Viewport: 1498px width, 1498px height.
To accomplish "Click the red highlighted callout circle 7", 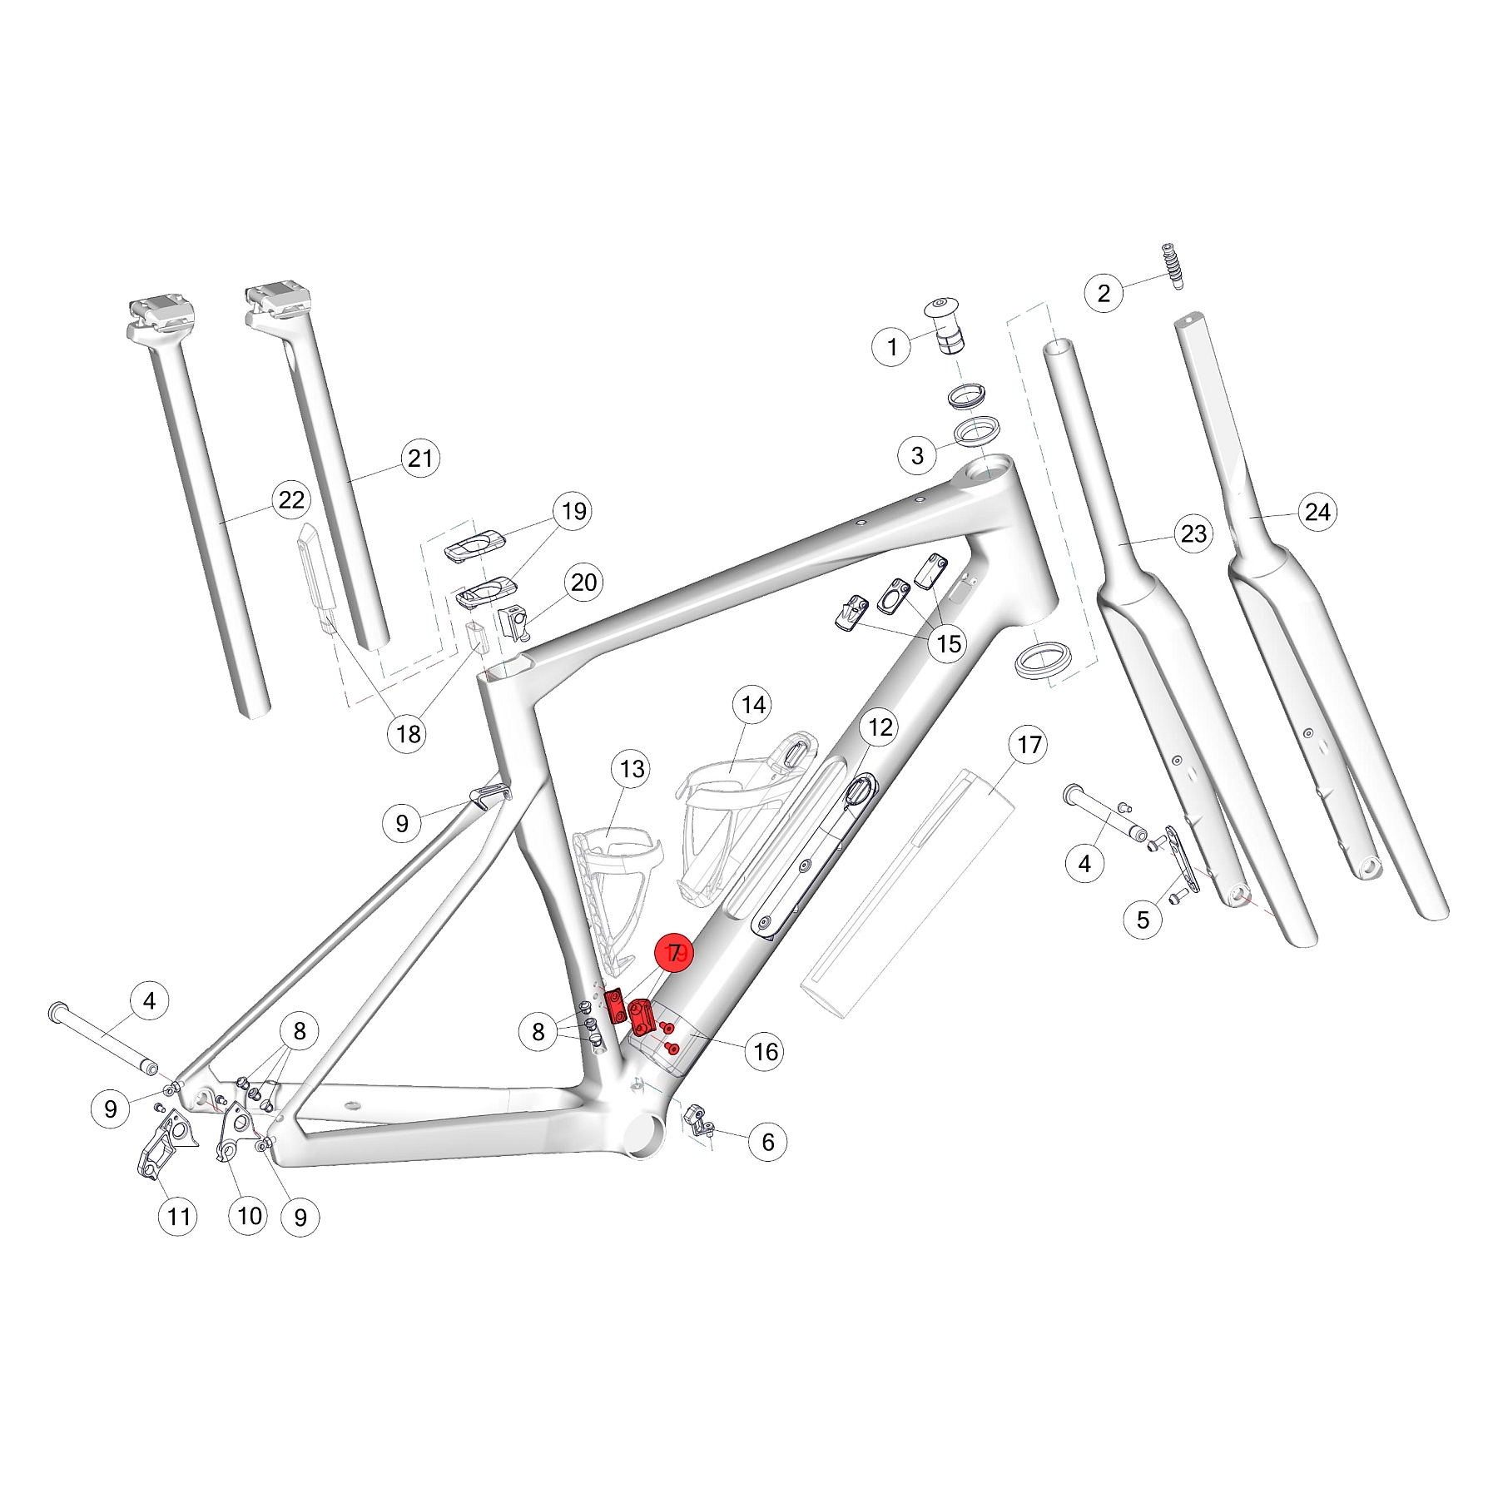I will click(x=674, y=954).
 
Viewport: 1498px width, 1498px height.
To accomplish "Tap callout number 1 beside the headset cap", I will click(x=892, y=346).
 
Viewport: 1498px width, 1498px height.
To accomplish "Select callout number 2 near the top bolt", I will click(x=1104, y=293).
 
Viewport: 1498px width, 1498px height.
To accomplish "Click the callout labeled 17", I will click(x=1029, y=744).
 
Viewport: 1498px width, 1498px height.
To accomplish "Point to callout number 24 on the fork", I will click(x=1317, y=512).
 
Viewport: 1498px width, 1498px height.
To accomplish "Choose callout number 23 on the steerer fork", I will click(x=1193, y=533).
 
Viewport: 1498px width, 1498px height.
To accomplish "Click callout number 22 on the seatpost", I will click(x=291, y=500).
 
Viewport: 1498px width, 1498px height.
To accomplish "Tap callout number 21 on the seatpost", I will click(x=420, y=458).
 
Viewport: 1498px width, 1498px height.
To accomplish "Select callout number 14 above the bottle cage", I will click(x=753, y=705).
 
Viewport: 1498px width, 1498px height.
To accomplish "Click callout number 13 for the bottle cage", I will click(x=632, y=769).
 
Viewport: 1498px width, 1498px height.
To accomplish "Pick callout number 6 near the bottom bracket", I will click(x=767, y=1142).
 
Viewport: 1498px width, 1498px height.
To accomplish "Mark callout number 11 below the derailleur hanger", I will click(x=179, y=1217).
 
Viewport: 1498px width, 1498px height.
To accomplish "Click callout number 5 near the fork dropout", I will click(x=1143, y=920).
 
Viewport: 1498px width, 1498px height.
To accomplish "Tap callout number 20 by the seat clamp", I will click(x=583, y=583).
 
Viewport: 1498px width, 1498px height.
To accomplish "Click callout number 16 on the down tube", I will click(x=765, y=1052).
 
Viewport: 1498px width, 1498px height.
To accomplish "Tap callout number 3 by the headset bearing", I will click(x=917, y=455).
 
